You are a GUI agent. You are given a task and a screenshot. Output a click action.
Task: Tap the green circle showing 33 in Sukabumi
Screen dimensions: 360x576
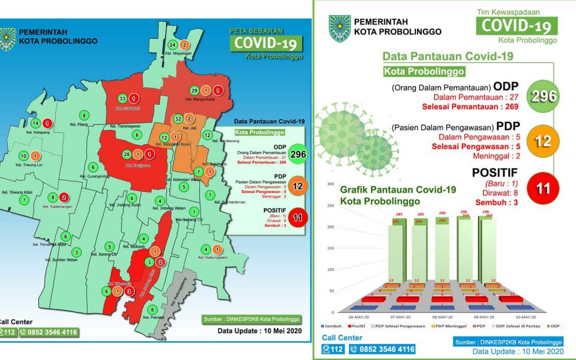[122, 98]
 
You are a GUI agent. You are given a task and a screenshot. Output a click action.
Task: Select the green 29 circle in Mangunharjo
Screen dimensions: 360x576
[195, 91]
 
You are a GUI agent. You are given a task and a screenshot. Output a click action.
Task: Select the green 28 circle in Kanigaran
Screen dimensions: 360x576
[127, 154]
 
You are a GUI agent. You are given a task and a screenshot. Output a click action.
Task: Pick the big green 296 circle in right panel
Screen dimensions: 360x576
[544, 96]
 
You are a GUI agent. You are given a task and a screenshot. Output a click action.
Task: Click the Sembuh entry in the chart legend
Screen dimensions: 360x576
[332, 326]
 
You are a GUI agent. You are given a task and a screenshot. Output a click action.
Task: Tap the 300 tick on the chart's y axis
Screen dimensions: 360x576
[331, 184]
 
